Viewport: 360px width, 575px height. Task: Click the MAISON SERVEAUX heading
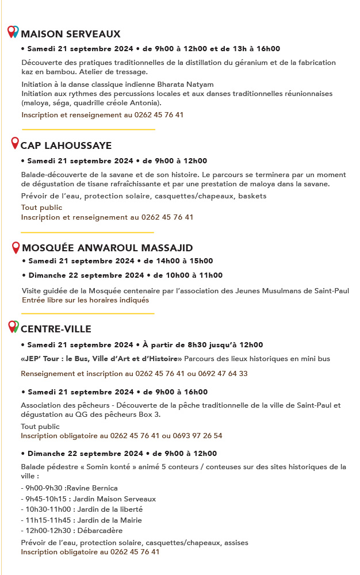(71, 34)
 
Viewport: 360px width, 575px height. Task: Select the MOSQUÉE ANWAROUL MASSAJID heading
(107, 248)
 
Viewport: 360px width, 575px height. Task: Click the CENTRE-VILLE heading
(56, 329)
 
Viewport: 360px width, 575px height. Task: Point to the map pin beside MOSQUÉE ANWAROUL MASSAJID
(16, 248)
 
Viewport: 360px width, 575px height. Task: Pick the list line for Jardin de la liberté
(81, 509)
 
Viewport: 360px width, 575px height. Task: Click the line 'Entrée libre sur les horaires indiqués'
(85, 300)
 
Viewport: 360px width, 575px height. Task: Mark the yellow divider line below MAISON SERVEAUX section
(88, 129)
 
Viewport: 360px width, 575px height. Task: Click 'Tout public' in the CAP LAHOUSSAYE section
(41, 208)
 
